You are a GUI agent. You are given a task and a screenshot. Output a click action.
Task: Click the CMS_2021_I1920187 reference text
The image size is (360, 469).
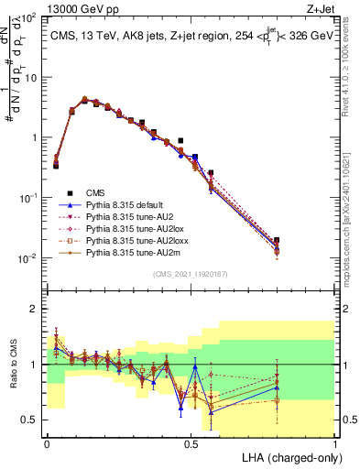click(x=191, y=274)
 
